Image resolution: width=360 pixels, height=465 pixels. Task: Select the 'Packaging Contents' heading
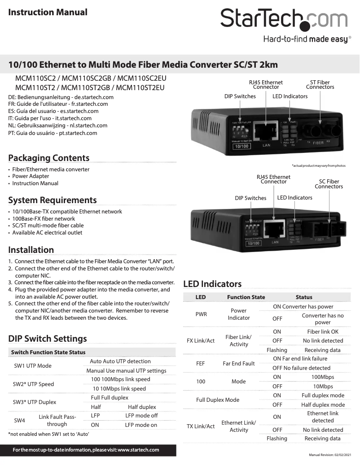[x=49, y=158]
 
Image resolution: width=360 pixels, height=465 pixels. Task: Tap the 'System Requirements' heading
[x=53, y=200]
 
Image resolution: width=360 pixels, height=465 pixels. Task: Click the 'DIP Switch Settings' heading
[x=48, y=339]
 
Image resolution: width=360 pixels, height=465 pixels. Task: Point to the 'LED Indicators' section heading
[x=212, y=284]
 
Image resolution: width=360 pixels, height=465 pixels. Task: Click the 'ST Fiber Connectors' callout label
[x=320, y=85]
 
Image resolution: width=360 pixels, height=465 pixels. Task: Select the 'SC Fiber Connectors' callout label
[x=329, y=184]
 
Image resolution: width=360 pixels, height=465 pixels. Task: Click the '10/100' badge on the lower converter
[x=254, y=243]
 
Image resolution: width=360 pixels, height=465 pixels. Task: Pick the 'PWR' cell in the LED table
[x=201, y=314]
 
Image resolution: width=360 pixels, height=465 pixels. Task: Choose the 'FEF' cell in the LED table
[x=201, y=364]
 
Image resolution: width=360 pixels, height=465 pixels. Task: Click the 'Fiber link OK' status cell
[x=323, y=332]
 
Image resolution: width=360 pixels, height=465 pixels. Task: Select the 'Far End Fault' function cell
[x=238, y=364]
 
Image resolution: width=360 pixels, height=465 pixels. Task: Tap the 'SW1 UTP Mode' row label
[x=33, y=366]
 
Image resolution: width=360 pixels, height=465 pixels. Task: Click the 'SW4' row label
[x=19, y=421]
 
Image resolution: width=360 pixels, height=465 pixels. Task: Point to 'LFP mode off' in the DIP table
[x=141, y=416]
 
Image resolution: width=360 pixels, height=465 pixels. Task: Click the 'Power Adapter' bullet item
[x=31, y=176]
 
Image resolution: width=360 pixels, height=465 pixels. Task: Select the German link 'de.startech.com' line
[x=61, y=97]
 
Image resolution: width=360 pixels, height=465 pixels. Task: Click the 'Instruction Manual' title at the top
[x=48, y=13]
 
